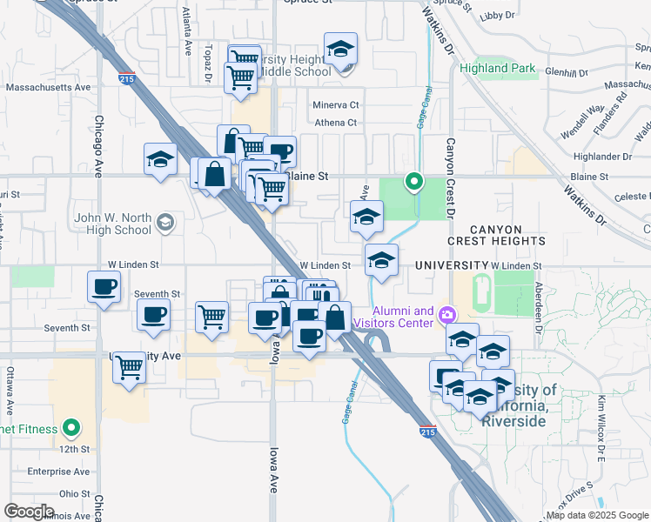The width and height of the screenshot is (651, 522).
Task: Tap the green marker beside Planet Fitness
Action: click(73, 429)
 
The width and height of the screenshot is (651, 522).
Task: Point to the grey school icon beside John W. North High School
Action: click(164, 224)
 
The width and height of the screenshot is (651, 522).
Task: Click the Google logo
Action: click(29, 512)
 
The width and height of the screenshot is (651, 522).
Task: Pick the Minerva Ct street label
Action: click(336, 105)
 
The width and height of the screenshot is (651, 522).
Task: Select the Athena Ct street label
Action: click(336, 123)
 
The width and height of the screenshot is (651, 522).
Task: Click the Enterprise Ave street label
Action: click(59, 472)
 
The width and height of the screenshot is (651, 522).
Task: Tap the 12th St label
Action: click(77, 449)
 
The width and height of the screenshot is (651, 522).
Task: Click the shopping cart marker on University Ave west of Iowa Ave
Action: click(129, 367)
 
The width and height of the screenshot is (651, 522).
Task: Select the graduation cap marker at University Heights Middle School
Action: click(341, 49)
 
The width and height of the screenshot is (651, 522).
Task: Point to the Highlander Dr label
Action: click(601, 157)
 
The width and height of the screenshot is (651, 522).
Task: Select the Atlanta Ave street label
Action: click(187, 31)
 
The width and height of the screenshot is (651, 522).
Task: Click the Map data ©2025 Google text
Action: click(597, 515)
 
